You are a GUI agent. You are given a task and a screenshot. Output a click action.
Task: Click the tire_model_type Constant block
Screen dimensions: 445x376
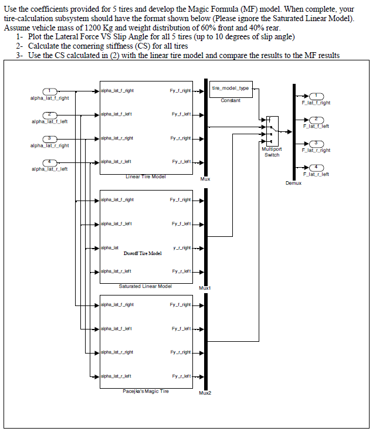pos(230,89)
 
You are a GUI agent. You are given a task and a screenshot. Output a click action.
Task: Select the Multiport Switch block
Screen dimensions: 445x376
pos(272,130)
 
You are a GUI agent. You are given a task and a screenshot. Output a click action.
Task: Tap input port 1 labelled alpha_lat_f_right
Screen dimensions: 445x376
pos(51,91)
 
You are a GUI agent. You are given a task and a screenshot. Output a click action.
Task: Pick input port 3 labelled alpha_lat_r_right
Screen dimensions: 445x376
pos(51,138)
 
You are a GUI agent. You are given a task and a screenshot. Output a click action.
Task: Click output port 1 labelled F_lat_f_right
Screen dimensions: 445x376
pos(316,96)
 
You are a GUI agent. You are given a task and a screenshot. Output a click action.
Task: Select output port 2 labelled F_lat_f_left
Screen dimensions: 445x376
pos(316,119)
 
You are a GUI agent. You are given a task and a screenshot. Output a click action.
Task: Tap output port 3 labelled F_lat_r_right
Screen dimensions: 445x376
pos(316,143)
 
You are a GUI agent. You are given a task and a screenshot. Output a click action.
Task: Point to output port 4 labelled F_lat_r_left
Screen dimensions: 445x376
pos(316,167)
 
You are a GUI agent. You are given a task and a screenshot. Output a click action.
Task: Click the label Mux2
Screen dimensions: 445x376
pos(205,392)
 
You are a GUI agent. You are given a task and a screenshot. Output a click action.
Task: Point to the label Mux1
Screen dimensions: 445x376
pos(205,288)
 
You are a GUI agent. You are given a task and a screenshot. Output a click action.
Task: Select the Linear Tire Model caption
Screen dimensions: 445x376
pos(146,176)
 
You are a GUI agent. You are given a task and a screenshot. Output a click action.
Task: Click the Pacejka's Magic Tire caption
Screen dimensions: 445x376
pos(146,391)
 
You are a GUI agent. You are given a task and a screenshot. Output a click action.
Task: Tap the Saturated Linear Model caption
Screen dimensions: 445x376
pos(145,286)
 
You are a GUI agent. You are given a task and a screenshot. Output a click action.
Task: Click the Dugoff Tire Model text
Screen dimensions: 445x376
pos(143,253)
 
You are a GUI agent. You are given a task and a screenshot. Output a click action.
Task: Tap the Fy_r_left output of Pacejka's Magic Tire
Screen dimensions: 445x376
pos(181,376)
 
